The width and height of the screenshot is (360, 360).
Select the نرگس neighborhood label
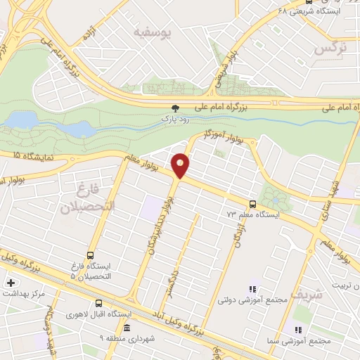coord(330,49)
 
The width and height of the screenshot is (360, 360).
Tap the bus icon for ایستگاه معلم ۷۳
coord(252,203)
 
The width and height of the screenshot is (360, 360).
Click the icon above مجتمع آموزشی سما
coord(298,329)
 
